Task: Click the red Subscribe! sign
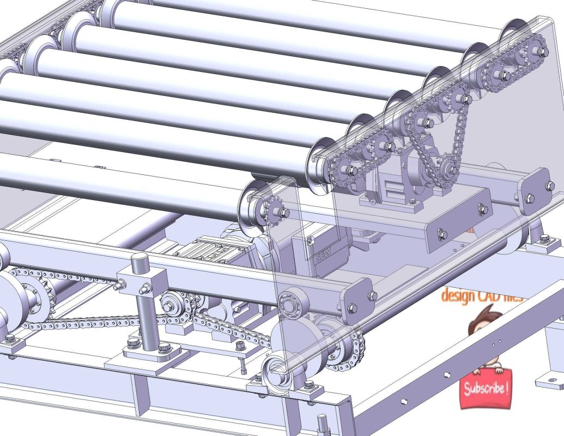[x=486, y=389]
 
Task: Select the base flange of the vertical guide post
[x=147, y=357]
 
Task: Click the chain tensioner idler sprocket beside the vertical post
[x=173, y=306]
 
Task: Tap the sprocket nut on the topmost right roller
[x=543, y=52]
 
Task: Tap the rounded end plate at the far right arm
[x=533, y=191]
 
